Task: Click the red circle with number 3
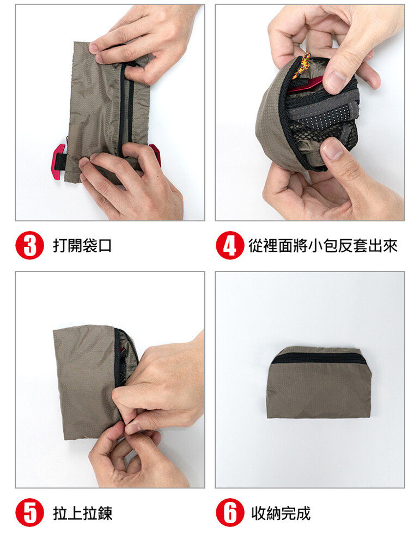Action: pyautogui.click(x=29, y=245)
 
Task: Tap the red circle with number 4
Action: pyautogui.click(x=230, y=245)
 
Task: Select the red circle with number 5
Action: pyautogui.click(x=29, y=512)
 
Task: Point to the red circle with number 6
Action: pyautogui.click(x=230, y=512)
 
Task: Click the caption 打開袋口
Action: pyautogui.click(x=82, y=246)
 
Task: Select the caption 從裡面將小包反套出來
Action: pyautogui.click(x=322, y=246)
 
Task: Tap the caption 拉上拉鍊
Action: pyautogui.click(x=83, y=513)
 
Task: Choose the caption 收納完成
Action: pyautogui.click(x=281, y=513)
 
